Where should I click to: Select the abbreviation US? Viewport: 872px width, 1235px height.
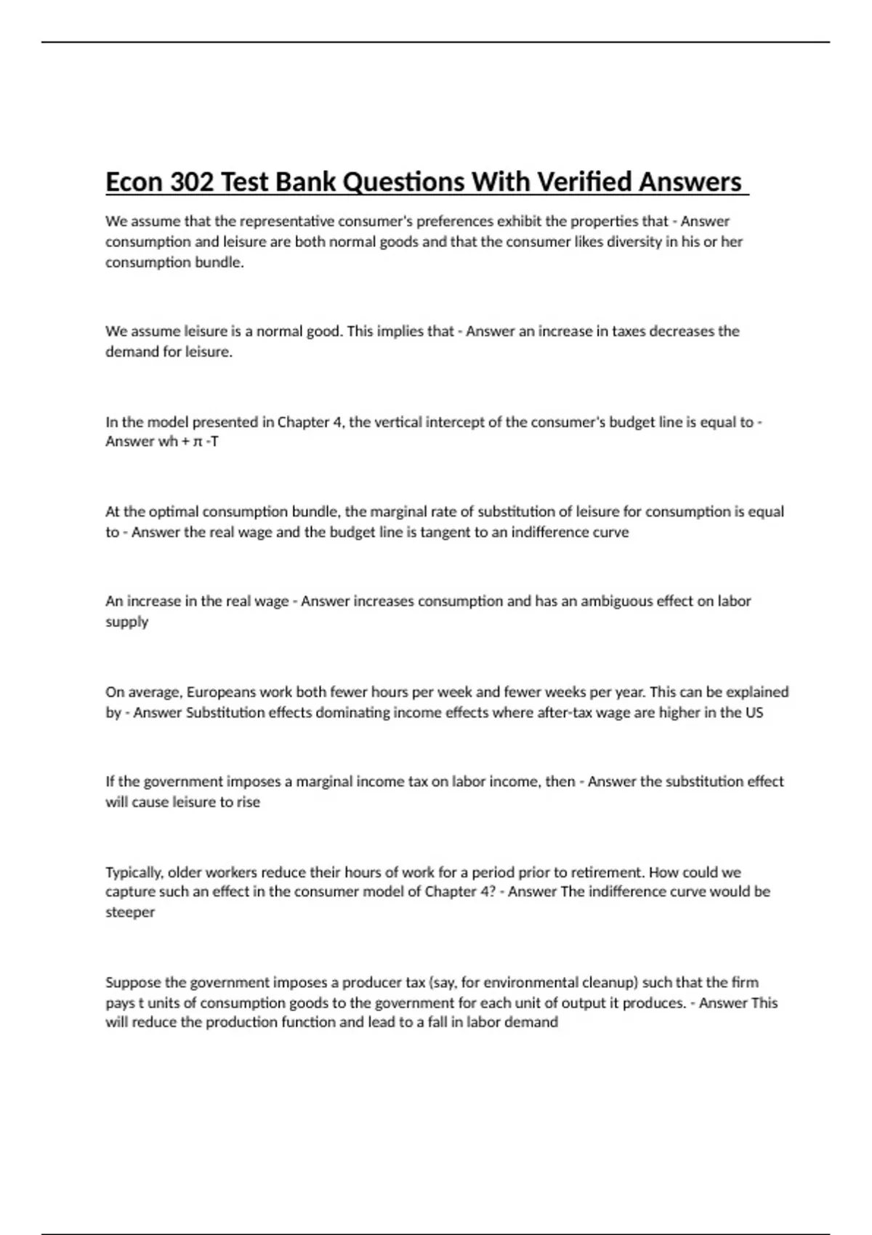pos(754,713)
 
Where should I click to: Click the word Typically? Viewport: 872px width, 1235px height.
pos(134,872)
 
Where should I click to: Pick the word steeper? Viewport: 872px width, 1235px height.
pos(130,912)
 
